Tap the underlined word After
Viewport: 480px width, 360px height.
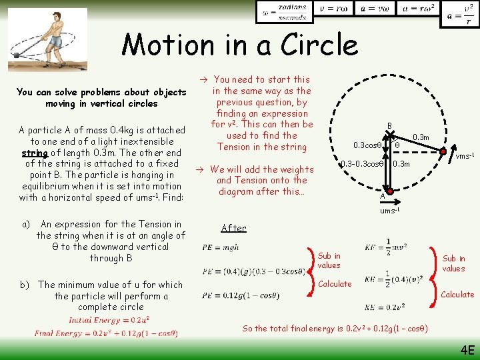[x=233, y=228]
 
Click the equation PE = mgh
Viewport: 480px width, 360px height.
[x=220, y=248]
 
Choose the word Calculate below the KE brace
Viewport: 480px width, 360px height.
[x=458, y=294]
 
